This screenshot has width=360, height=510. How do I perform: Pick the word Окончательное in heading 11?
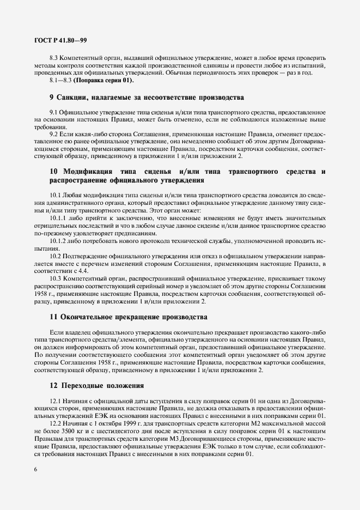[91, 316]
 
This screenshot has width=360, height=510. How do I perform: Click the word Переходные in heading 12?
[86, 386]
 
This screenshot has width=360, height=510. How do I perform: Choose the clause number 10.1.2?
[57, 240]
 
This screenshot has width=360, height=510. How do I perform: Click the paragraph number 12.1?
[56, 402]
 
